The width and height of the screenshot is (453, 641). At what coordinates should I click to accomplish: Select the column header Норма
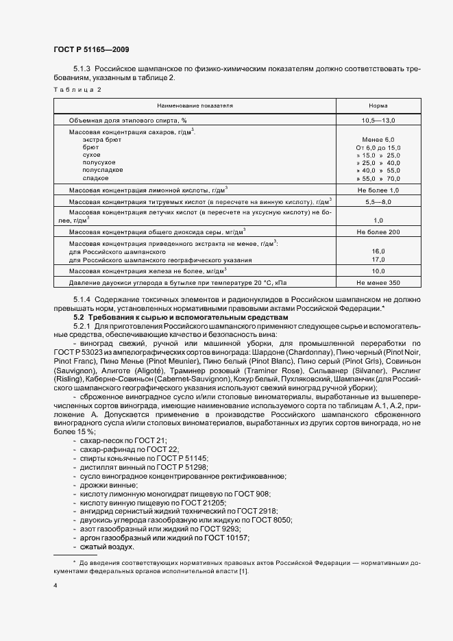pyautogui.click(x=378, y=106)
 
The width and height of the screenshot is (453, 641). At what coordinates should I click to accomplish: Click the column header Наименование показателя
pyautogui.click(x=195, y=106)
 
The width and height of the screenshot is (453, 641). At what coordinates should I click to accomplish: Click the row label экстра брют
pyautogui.click(x=101, y=139)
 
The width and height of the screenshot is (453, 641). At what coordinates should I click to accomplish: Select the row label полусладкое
pyautogui.click(x=103, y=169)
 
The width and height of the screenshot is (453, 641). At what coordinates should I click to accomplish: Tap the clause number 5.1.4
pyautogui.click(x=82, y=300)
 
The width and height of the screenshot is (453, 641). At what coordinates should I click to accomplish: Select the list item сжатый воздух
pyautogui.click(x=108, y=546)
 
